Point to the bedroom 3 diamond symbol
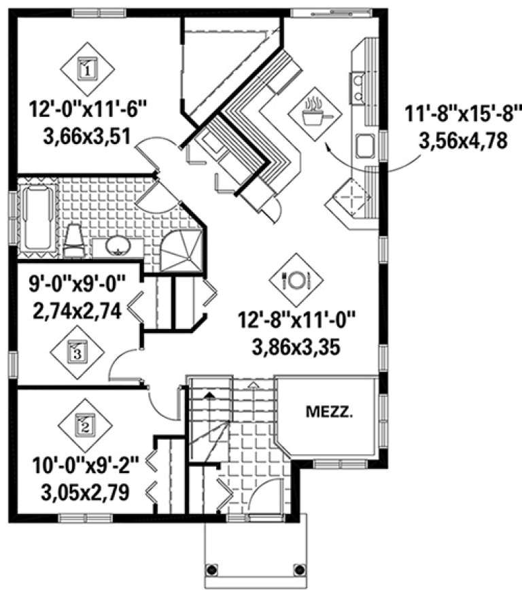click(77, 352)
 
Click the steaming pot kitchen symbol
click(313, 113)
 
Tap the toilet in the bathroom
click(73, 241)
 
